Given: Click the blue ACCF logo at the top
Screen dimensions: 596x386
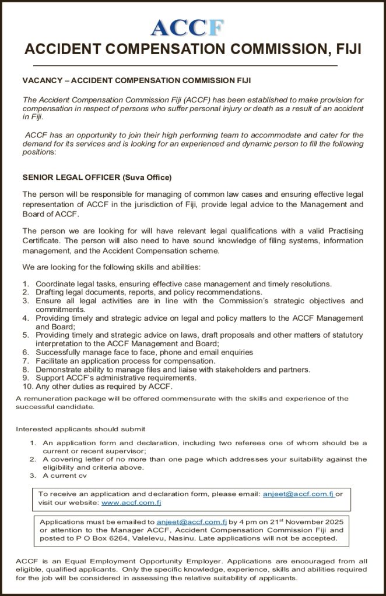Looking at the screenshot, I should point(187,27).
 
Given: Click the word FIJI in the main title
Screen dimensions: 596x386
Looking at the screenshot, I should point(346,49).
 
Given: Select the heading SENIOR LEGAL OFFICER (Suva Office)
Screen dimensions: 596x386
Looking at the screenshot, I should point(97,177).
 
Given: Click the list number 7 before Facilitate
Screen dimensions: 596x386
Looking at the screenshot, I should point(26,361).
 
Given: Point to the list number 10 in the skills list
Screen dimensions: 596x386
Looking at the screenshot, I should point(27,386).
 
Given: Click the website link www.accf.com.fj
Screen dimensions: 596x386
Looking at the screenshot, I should point(131,502).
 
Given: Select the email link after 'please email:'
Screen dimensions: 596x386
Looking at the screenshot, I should point(297,494).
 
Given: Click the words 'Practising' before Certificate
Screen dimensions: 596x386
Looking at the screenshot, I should point(341,230).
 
